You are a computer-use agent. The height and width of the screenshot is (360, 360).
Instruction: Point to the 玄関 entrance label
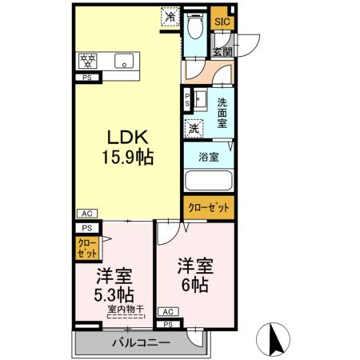coord(222,51)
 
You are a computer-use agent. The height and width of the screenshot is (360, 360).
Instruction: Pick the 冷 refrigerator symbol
coord(171,16)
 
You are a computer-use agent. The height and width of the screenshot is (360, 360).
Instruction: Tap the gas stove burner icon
coord(86,61)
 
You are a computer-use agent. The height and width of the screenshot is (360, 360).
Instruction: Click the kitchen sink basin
coord(125,61)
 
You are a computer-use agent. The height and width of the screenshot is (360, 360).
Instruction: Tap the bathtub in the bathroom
coord(208,182)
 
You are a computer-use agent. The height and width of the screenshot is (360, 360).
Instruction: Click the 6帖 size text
coord(193,284)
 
